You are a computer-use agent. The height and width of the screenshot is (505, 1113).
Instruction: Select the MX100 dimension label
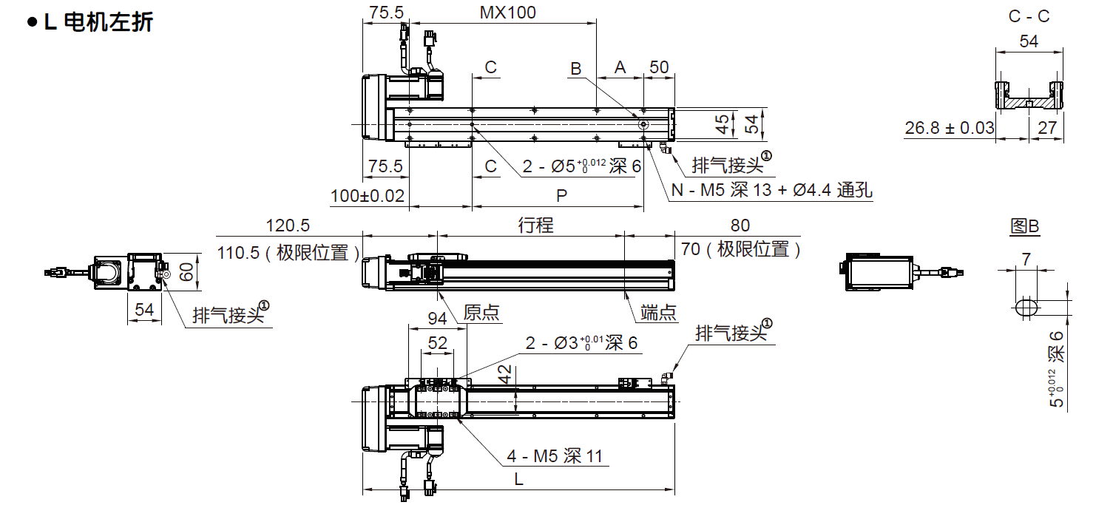pos(507,13)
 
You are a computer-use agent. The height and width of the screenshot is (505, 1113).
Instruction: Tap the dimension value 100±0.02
pos(368,196)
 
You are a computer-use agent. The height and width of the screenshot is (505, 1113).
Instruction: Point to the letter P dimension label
pos(561,196)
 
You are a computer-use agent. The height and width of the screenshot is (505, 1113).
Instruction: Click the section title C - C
pos(1029,16)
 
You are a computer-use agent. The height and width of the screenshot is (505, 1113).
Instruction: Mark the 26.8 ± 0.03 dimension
pos(950,128)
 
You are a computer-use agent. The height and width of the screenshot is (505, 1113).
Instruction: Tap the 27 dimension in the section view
pos(1047,128)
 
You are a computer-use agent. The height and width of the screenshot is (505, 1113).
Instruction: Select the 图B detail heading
pos(1025,226)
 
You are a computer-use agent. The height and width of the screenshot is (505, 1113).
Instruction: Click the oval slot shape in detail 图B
pos(1026,307)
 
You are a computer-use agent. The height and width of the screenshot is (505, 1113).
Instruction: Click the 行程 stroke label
pos(535,226)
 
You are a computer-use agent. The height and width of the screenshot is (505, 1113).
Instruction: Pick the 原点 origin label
pos(481,312)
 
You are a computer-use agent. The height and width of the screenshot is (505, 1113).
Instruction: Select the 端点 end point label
pos(658,312)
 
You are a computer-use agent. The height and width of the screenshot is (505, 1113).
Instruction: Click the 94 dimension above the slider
pos(438,319)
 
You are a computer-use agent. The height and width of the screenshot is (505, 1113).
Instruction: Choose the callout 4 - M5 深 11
pos(555,456)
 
